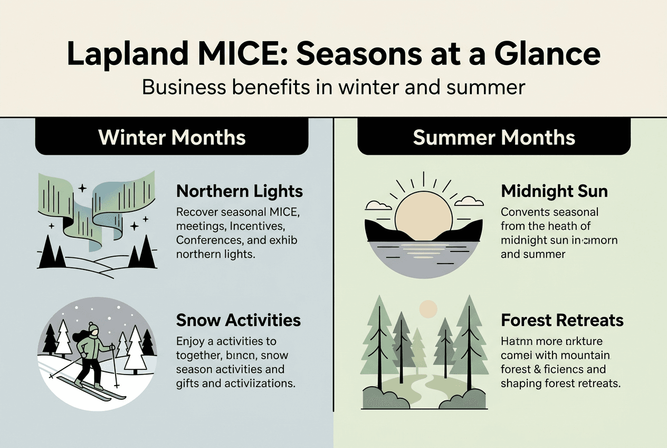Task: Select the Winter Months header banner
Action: point(172,137)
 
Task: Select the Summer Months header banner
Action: point(494,137)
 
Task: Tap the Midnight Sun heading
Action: point(554,191)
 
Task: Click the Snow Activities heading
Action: point(239,320)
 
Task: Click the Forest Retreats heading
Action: point(562,320)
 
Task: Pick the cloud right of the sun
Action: point(469,201)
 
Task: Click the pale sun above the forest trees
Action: point(428,308)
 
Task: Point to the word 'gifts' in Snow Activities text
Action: point(188,383)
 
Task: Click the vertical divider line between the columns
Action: point(333,264)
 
